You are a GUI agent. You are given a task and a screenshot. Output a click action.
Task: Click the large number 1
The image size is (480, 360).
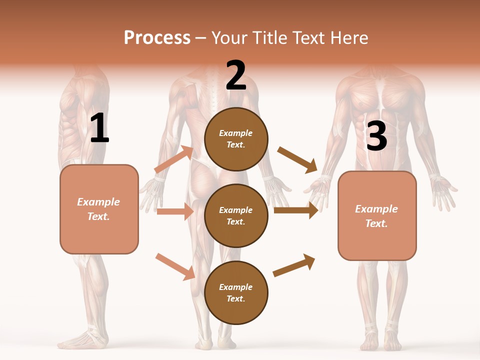tap(99, 128)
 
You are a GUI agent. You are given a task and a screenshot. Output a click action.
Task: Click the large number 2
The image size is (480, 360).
tap(236, 75)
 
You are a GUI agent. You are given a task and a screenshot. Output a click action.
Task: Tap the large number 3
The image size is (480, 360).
tap(376, 136)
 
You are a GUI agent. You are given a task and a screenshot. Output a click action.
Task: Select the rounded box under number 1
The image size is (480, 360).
tap(99, 209)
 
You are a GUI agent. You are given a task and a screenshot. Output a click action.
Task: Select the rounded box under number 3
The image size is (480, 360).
tap(377, 215)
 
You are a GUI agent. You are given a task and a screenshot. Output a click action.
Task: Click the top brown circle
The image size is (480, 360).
tap(236, 139)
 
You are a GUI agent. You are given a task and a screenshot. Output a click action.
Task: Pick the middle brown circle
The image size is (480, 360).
tap(236, 215)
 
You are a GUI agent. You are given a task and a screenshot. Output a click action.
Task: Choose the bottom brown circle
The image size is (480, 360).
tap(236, 292)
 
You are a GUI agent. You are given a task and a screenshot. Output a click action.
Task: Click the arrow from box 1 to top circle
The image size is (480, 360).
tap(174, 159)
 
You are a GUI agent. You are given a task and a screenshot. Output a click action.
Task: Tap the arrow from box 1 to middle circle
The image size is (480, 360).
tap(175, 211)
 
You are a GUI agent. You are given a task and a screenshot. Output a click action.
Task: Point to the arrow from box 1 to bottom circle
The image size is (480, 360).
tap(175, 266)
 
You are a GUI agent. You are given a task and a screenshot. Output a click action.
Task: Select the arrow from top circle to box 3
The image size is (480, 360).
tap(297, 159)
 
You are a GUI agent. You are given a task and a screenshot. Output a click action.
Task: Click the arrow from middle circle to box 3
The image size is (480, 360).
tap(296, 210)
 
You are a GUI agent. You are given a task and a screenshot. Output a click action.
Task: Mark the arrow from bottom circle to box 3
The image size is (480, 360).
tap(294, 265)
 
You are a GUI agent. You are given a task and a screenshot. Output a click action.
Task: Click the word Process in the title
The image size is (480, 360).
tap(157, 37)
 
